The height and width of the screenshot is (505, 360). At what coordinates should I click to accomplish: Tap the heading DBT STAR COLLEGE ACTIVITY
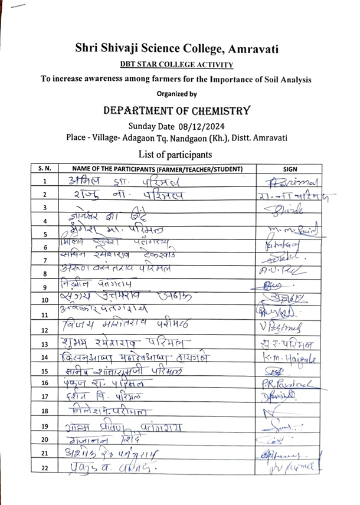tap(176, 64)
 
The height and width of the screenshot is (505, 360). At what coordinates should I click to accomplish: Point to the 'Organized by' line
tap(176, 93)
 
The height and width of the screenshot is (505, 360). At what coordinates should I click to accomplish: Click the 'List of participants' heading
tap(176, 155)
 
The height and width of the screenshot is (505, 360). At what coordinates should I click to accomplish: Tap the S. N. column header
tap(44, 169)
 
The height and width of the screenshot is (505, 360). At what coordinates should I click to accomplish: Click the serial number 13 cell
tap(44, 345)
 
